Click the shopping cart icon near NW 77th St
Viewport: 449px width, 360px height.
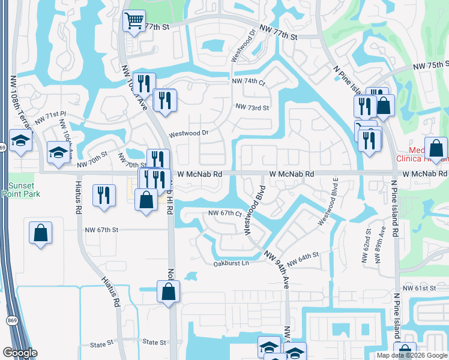[x=134, y=21]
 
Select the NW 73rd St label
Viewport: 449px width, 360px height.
[x=252, y=107]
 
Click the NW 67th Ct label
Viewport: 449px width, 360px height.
[x=224, y=214]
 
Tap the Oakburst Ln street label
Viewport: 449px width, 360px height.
[x=231, y=263]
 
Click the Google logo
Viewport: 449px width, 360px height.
[x=19, y=353]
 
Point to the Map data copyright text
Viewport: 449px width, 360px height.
[x=412, y=355]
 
